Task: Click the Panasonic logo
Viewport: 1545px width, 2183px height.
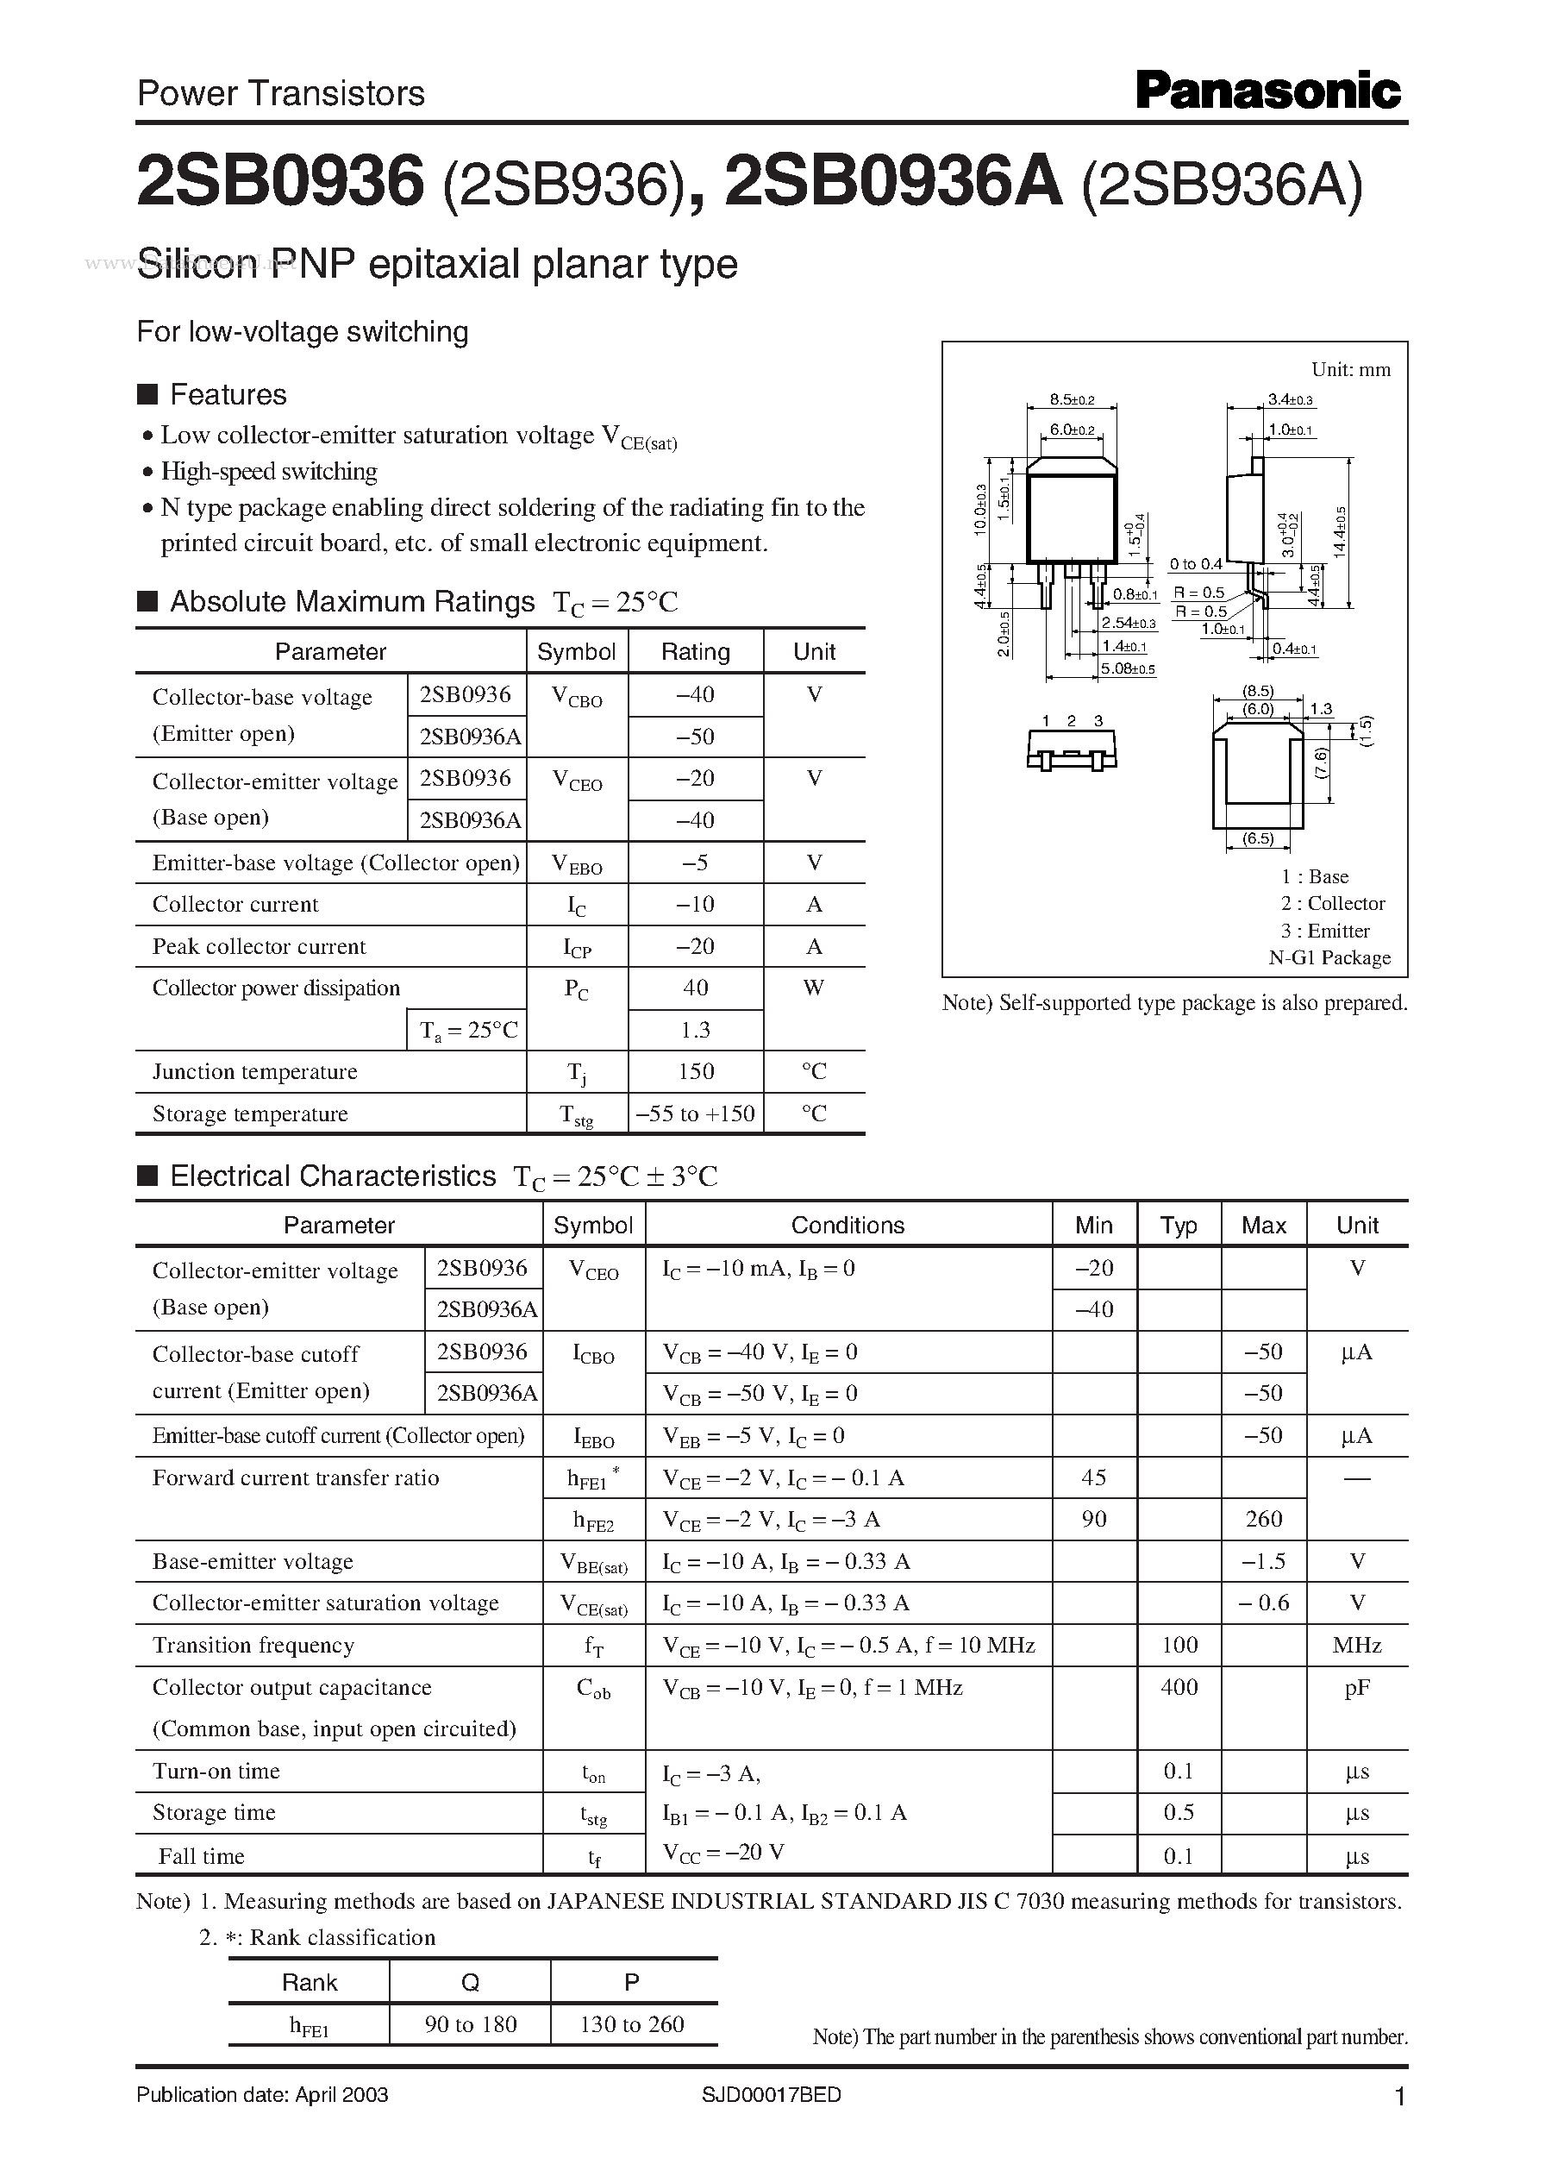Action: (x=1267, y=92)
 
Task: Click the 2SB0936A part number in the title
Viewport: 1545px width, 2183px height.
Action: (x=893, y=183)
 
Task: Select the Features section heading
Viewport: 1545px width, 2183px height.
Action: (x=228, y=394)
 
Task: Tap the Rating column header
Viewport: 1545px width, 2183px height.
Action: (x=695, y=652)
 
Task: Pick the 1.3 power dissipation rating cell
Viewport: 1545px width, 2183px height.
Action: (x=695, y=1030)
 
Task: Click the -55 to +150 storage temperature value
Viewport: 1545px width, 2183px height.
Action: (x=695, y=1113)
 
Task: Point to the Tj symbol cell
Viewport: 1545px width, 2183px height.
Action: (x=577, y=1072)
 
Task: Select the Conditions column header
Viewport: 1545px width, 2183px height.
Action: (x=847, y=1226)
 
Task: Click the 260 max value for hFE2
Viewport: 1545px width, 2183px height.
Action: (x=1263, y=1520)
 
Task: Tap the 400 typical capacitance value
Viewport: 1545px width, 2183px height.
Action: (x=1179, y=1687)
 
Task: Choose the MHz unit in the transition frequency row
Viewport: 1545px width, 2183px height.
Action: (x=1357, y=1646)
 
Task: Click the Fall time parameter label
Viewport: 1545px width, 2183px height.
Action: (x=201, y=1855)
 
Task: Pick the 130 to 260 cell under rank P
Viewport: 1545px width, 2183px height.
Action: (x=632, y=2024)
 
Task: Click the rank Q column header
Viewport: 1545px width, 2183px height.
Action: (x=470, y=1982)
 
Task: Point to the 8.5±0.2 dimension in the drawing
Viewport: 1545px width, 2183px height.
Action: (x=1073, y=399)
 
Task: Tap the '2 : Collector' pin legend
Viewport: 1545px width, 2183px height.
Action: (x=1332, y=903)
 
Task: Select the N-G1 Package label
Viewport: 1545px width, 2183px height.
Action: (x=1329, y=957)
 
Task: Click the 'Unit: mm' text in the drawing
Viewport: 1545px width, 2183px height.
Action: (x=1350, y=369)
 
